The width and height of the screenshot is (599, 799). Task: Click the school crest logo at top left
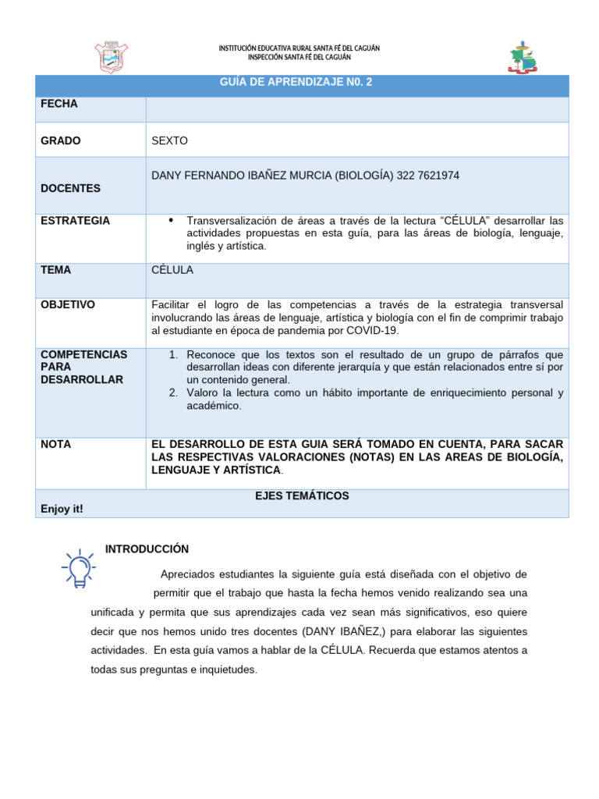pos(111,57)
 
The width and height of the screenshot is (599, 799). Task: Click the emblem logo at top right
pos(523,57)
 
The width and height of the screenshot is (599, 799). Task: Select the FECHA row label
pos(59,104)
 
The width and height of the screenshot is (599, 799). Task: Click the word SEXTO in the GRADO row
pos(170,140)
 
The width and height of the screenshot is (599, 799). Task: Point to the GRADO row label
pos(61,140)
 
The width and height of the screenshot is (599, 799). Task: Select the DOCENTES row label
pos(70,188)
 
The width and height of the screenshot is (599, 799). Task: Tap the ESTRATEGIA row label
pos(75,221)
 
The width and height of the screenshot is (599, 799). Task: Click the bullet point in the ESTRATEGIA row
pos(171,221)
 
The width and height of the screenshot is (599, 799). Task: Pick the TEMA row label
pos(56,270)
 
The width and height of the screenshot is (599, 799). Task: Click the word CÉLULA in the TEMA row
pos(172,270)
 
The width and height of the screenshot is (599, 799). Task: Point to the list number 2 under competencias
pos(173,392)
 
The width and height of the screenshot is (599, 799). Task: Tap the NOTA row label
pos(55,444)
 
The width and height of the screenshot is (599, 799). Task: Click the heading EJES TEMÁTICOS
pos(302,495)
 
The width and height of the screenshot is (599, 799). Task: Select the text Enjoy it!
pos(62,509)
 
